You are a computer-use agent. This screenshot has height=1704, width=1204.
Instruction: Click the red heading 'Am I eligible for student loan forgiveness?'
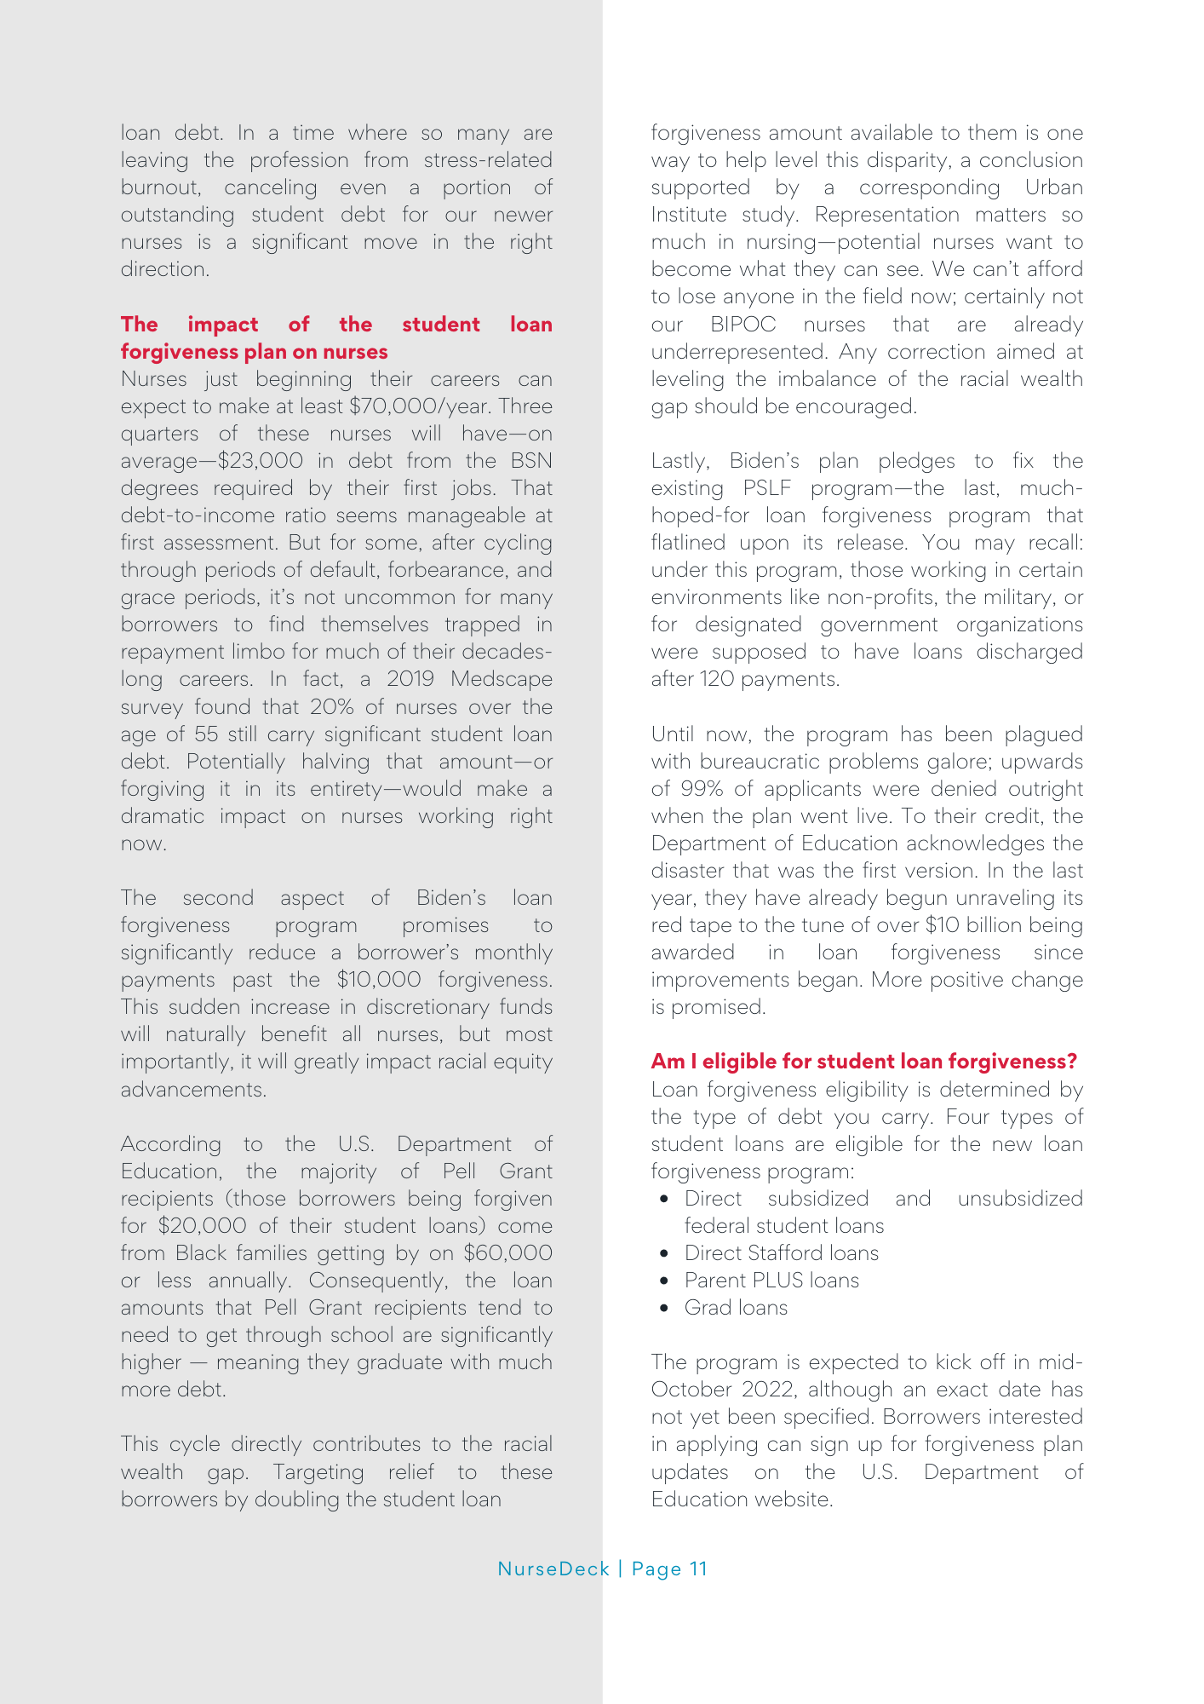(x=863, y=1061)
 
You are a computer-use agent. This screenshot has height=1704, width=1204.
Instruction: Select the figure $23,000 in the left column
(x=261, y=461)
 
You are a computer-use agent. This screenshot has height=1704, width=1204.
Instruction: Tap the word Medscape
(x=502, y=679)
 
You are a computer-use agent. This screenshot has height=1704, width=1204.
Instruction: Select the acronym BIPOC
(x=743, y=325)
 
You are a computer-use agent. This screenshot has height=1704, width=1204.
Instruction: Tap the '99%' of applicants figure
(x=701, y=789)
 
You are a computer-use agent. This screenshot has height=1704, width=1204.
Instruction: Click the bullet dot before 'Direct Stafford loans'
(x=664, y=1253)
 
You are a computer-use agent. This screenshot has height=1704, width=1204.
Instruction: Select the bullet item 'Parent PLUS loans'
(x=771, y=1281)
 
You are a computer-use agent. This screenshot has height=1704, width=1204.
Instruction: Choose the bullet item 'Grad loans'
(x=736, y=1308)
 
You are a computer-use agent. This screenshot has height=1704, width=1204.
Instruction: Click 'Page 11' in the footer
(x=669, y=1569)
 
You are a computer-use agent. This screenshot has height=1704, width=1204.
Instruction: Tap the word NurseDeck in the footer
(x=553, y=1569)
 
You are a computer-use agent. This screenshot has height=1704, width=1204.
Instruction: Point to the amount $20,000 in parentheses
(x=202, y=1226)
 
